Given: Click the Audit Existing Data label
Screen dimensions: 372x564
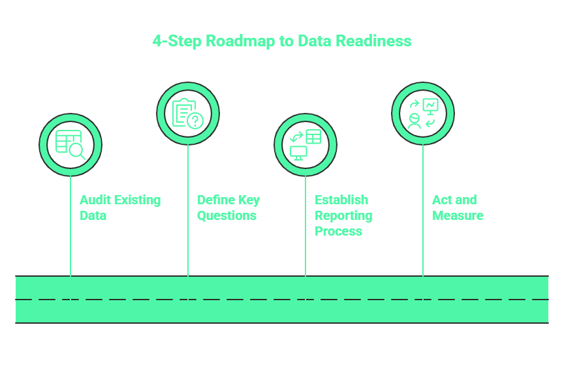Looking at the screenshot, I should [x=119, y=208].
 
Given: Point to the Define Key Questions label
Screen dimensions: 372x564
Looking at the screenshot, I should [x=228, y=208].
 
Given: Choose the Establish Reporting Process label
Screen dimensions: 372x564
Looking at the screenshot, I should [x=343, y=215].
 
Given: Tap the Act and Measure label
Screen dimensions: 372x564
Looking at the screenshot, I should [x=458, y=208].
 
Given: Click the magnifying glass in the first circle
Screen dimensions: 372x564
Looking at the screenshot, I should [x=78, y=151].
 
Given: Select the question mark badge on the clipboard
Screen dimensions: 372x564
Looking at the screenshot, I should [x=195, y=120].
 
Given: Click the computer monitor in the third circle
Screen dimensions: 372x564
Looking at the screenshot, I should [x=298, y=153].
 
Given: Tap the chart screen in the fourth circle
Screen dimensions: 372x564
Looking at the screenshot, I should [x=431, y=105].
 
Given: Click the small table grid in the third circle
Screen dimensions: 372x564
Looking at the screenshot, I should [x=313, y=136].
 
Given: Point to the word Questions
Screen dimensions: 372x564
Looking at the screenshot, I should [x=227, y=216].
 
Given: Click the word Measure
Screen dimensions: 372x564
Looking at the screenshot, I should [x=458, y=216].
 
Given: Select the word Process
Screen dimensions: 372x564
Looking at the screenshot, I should [x=338, y=232].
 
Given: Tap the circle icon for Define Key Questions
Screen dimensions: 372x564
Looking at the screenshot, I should [x=188, y=114].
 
